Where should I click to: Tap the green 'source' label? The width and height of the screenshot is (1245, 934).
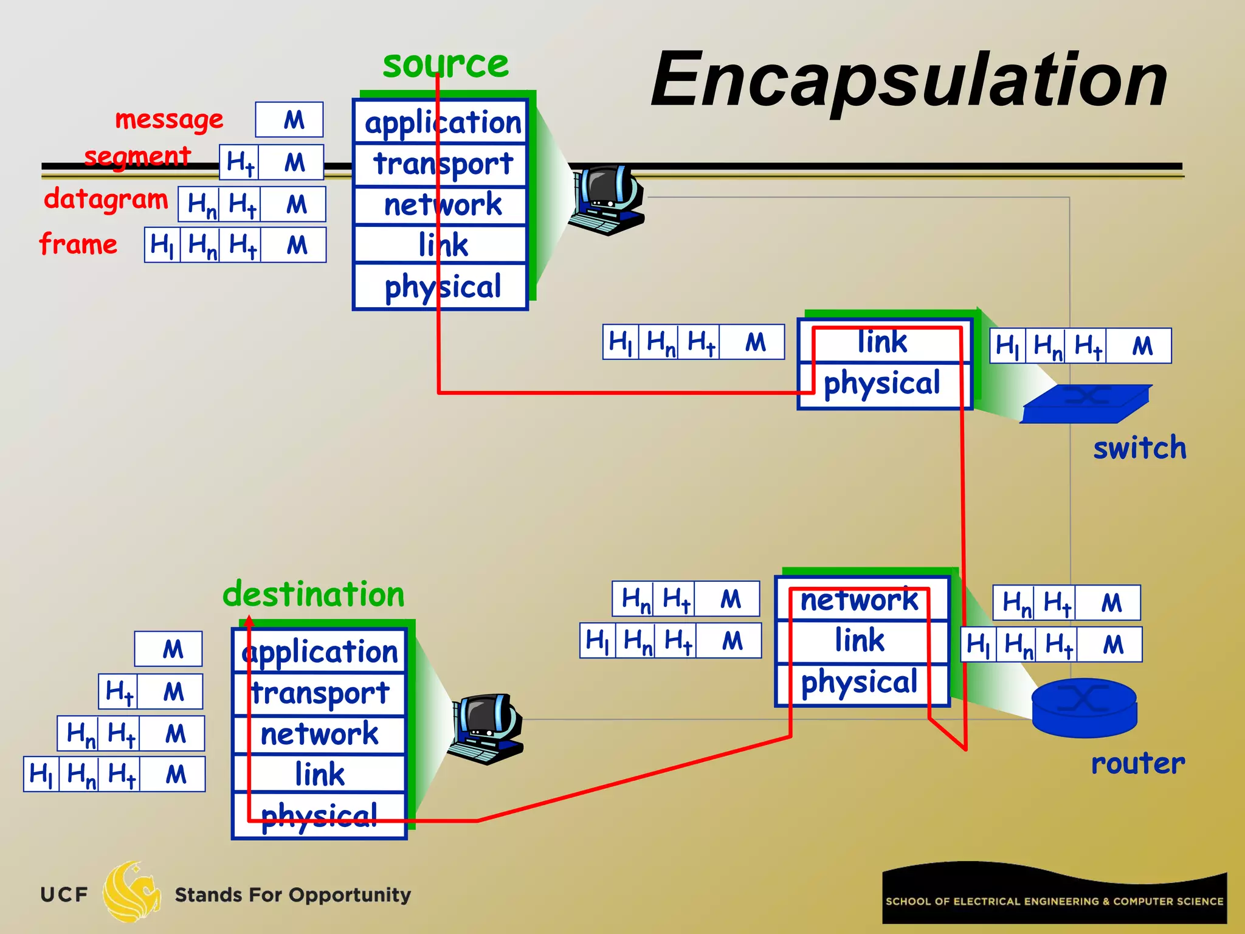click(446, 64)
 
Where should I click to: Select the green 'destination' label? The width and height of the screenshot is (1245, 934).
click(314, 594)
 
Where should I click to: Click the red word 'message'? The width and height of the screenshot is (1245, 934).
click(169, 119)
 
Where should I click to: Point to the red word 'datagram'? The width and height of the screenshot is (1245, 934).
click(106, 199)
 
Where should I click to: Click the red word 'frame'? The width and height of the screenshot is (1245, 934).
click(78, 244)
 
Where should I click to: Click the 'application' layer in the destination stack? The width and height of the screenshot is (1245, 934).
click(320, 652)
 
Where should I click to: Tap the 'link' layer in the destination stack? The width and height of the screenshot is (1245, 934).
click(320, 774)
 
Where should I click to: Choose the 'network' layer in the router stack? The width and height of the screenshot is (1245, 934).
click(860, 600)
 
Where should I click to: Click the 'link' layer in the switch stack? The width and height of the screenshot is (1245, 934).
click(883, 342)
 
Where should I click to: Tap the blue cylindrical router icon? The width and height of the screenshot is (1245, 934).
click(1084, 707)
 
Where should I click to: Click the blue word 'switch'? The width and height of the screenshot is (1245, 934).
click(1139, 448)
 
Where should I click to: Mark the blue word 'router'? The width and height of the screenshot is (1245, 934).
click(1137, 763)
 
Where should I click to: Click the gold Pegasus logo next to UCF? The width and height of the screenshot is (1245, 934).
click(131, 892)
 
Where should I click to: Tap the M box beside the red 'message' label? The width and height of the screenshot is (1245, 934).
click(289, 120)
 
